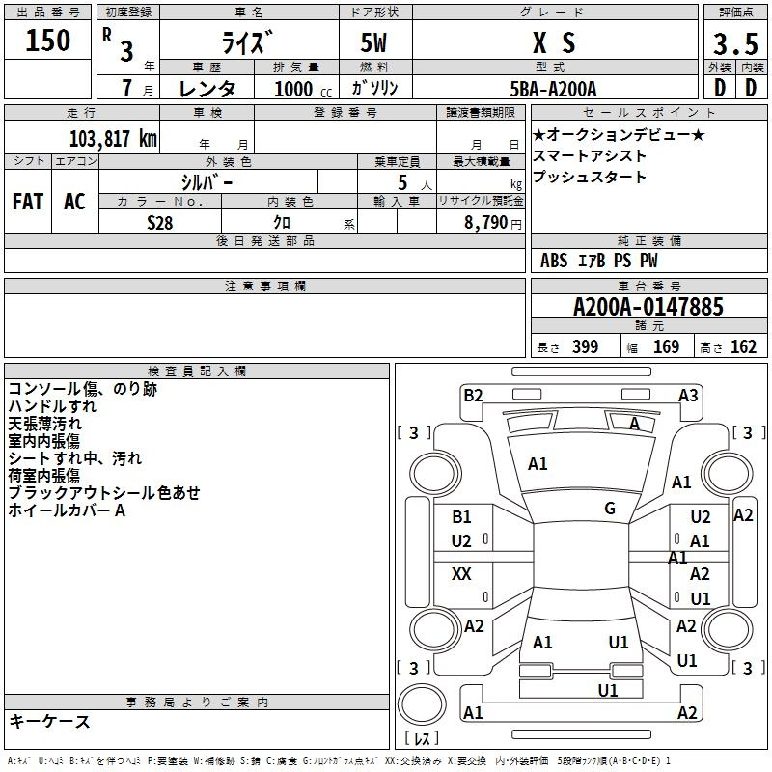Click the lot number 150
[47, 40]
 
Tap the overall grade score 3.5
[735, 43]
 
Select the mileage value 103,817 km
[113, 139]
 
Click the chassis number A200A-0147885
[648, 307]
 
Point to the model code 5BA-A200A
[553, 89]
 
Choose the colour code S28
[160, 223]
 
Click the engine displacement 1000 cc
[303, 89]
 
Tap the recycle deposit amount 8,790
[486, 222]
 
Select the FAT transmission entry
[28, 202]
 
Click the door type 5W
[373, 42]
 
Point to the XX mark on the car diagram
[461, 573]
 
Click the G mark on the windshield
[610, 509]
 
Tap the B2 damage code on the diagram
[473, 396]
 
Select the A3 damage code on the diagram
[688, 396]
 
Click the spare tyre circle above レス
[422, 704]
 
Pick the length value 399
[585, 346]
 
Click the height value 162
[743, 346]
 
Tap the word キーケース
[50, 721]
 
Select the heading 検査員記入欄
[197, 372]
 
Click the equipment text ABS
[554, 261]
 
